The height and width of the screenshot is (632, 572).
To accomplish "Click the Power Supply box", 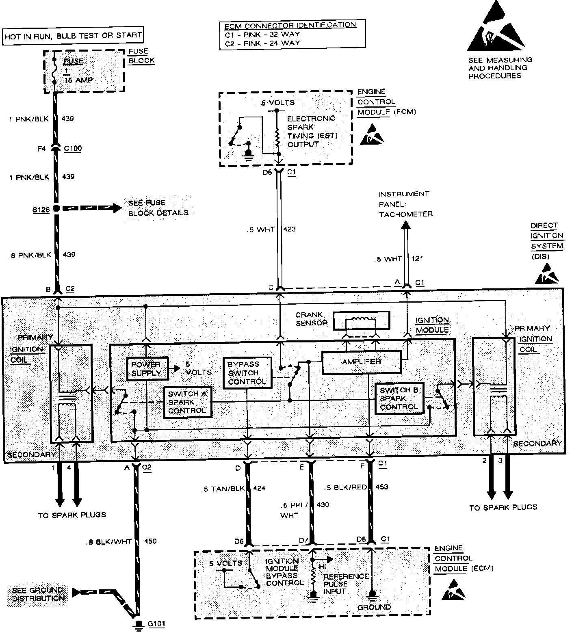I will (x=146, y=369).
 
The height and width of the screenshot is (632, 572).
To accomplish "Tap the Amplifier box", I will (x=361, y=362).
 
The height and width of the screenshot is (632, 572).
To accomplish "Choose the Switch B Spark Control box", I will (x=399, y=398).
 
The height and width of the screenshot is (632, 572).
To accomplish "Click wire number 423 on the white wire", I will (x=290, y=229).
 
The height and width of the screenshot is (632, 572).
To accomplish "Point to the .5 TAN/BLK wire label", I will (x=223, y=489).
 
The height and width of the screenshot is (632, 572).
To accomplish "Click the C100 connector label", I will (x=73, y=148).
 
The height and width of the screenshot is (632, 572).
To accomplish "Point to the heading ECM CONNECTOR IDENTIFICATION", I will (x=290, y=25).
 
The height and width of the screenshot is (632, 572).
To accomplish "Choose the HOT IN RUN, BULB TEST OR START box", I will (x=73, y=36).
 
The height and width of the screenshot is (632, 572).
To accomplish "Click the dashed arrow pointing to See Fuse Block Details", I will (x=93, y=208).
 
